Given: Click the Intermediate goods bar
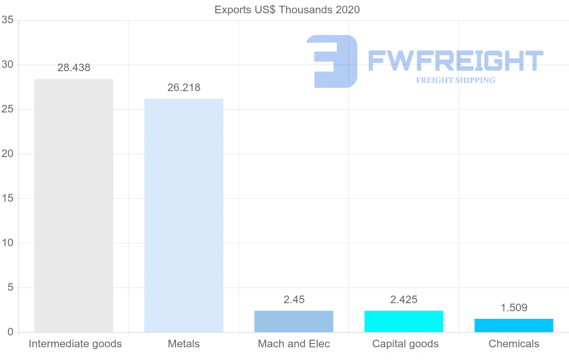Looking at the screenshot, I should point(73,205).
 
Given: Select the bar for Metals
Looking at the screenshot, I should point(184,215).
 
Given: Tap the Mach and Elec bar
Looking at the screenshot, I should point(294,321).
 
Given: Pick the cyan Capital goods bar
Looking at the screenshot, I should point(404,321).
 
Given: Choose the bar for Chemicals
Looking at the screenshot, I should point(514,325).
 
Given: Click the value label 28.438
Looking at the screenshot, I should point(73,68).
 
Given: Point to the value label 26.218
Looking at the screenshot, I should point(184,88).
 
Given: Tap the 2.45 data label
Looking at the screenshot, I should point(294,300).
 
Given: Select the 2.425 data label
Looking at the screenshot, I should point(404,300).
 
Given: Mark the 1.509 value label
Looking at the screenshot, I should point(514,308).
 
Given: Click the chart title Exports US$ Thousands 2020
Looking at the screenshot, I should point(287,9).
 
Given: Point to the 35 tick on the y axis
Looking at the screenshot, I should point(7,20).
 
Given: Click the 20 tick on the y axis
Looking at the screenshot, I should point(7,154).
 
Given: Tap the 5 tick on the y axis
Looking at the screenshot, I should point(10,288).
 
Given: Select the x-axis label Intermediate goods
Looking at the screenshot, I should point(75,344).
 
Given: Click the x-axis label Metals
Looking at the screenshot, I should point(184,344).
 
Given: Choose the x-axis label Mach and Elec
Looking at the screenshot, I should point(294,344).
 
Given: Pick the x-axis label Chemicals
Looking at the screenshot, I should point(514,344).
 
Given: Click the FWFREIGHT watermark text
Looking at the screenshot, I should point(455,61).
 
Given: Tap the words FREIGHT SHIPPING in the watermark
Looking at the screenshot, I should point(455,80).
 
